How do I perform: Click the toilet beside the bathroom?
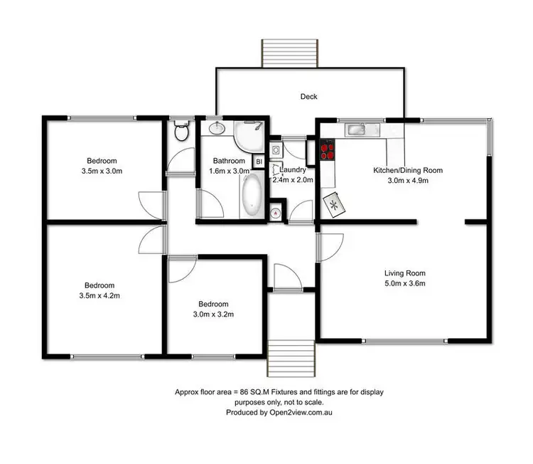pos(181,132)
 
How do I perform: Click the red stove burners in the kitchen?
pos(328,149)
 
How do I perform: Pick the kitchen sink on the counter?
pos(355,130)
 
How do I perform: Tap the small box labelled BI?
pos(259,162)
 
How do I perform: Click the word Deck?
pos(308,97)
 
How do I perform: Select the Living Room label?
pos(404,273)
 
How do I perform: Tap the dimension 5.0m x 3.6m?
pos(404,284)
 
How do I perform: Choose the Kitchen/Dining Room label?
pos(408,170)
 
